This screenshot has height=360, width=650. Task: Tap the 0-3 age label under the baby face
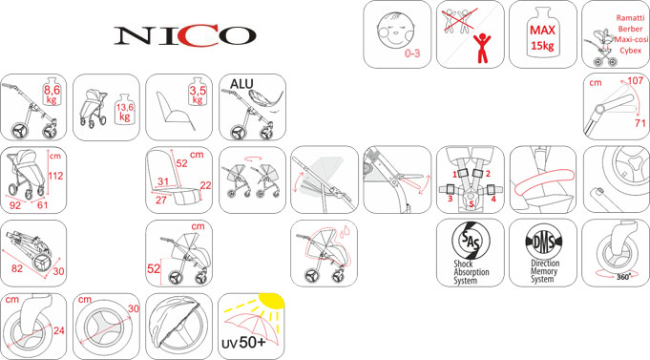coord(412,53)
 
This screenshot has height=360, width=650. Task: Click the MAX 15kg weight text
coord(542,38)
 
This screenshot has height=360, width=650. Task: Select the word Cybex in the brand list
coord(631,51)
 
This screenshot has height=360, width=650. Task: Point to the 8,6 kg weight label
coord(52,95)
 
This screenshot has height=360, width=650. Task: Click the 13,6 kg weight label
coord(124,112)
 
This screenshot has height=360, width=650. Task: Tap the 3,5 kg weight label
coord(198,95)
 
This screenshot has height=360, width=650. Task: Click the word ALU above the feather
coord(241,84)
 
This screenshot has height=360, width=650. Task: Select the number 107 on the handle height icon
coord(635,80)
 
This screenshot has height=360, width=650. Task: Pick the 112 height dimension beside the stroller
coord(55,176)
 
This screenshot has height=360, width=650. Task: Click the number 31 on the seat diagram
coord(163,181)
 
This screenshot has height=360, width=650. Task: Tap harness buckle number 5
coord(471,204)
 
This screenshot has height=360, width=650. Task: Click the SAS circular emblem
coord(471,241)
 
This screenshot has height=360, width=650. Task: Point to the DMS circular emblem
coord(543,241)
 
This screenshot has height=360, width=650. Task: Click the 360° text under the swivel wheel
coord(623,277)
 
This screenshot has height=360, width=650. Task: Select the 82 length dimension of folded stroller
coord(17,268)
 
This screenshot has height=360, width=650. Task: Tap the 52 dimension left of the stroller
coord(154,268)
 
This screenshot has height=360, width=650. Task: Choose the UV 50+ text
coord(243,343)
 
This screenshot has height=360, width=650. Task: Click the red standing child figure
coord(482,49)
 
